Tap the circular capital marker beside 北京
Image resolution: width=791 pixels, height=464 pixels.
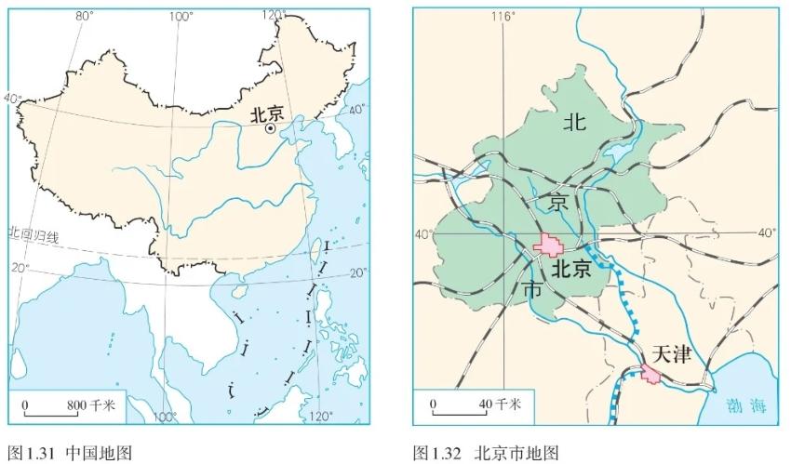click(271, 130)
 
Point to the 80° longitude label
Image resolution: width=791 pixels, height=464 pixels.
click(84, 16)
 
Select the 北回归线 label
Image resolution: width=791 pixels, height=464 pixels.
click(34, 234)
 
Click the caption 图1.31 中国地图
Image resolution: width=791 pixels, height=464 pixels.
click(70, 453)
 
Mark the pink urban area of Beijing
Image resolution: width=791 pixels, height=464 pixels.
click(550, 245)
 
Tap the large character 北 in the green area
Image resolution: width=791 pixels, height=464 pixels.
click(576, 122)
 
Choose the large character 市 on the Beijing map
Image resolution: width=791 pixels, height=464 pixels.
click(533, 289)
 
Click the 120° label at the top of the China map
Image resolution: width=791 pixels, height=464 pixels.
click(274, 16)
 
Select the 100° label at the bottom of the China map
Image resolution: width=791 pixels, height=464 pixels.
click(165, 416)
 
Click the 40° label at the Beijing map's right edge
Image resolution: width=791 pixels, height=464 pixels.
click(767, 232)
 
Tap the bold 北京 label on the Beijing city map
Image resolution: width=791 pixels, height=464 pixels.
click(571, 269)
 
